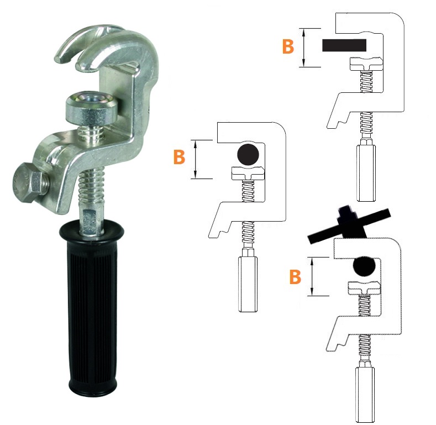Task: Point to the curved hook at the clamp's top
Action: [106, 48]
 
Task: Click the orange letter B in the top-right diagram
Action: [288, 47]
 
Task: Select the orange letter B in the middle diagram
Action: [179, 157]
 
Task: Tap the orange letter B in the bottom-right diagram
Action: [295, 277]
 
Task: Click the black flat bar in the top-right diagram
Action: [344, 45]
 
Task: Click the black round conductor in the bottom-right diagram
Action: [364, 266]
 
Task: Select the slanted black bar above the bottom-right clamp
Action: [350, 224]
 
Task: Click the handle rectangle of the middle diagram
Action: [248, 284]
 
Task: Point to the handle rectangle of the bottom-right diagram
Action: [365, 395]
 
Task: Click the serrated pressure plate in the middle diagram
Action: [248, 173]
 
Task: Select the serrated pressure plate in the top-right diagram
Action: [366, 63]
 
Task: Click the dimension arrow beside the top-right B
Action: [304, 48]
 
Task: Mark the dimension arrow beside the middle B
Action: [196, 159]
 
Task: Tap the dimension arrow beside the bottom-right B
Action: [312, 276]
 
